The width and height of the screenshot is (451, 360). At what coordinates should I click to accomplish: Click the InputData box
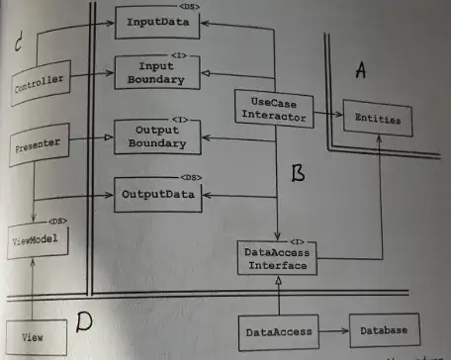[x=158, y=20]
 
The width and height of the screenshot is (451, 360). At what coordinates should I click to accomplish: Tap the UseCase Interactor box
[x=270, y=108]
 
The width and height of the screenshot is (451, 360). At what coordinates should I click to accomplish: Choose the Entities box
[x=375, y=118]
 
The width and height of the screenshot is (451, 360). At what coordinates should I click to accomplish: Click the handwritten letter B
[x=298, y=174]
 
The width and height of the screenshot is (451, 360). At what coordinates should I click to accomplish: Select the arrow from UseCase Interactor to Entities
[x=324, y=117]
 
